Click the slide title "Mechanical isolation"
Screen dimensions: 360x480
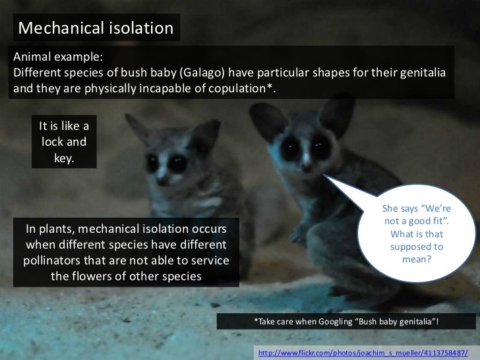96,28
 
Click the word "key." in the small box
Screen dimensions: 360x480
63,157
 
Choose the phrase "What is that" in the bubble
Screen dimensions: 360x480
417,234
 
